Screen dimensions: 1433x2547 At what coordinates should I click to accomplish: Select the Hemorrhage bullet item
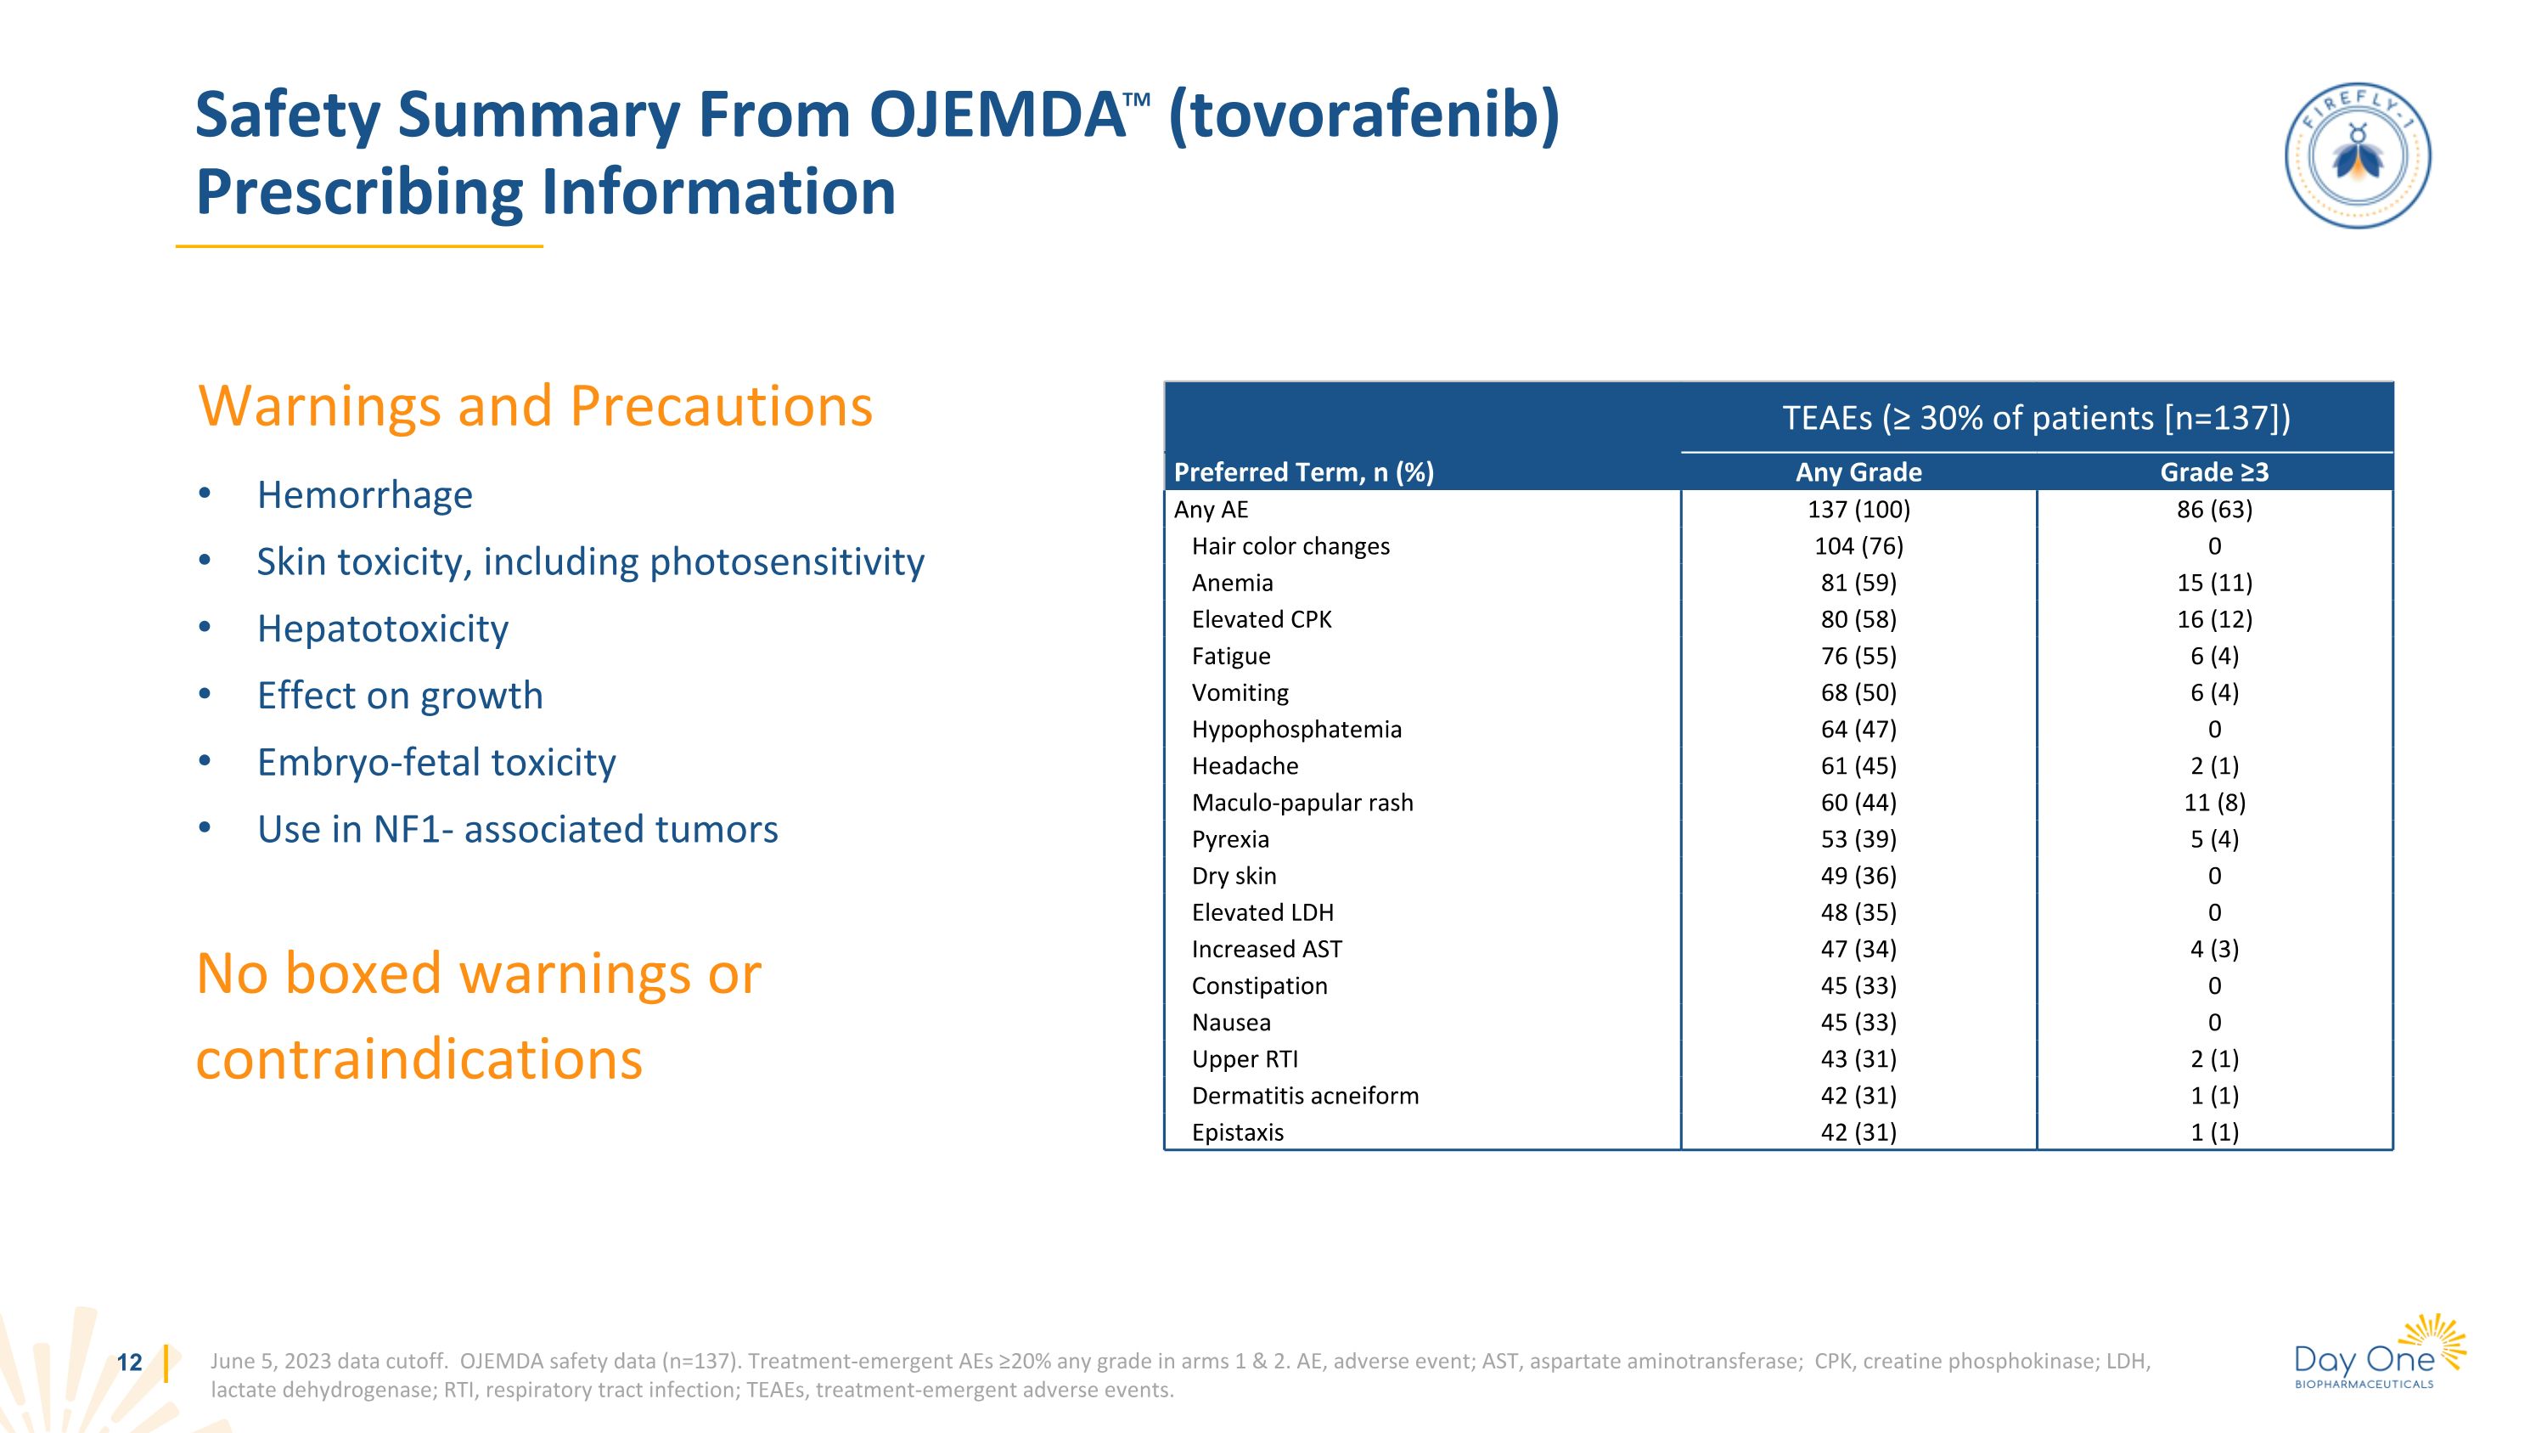point(364,495)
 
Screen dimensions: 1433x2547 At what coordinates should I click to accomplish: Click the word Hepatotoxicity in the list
point(382,629)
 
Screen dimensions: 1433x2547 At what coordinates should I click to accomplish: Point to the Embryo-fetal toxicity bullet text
point(436,763)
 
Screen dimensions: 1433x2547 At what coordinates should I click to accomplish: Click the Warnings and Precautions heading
point(535,407)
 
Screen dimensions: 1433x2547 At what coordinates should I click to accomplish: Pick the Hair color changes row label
point(1290,546)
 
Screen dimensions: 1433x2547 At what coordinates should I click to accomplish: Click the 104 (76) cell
point(1858,546)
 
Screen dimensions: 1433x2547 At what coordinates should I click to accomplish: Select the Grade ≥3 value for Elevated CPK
point(2214,619)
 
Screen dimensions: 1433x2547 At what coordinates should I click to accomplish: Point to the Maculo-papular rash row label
point(1302,802)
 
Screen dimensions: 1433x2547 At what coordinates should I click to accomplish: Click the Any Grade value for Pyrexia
point(1858,838)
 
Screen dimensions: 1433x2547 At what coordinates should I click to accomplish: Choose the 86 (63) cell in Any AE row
point(2214,510)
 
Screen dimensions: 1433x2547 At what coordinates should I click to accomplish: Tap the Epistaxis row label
point(1237,1132)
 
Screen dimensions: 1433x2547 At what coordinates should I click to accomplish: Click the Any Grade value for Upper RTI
point(1858,1059)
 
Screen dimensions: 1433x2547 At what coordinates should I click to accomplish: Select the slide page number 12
point(130,1362)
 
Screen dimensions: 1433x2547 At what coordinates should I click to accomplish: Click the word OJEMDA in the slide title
point(997,116)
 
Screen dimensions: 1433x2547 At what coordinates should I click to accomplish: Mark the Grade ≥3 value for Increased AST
point(2214,950)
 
